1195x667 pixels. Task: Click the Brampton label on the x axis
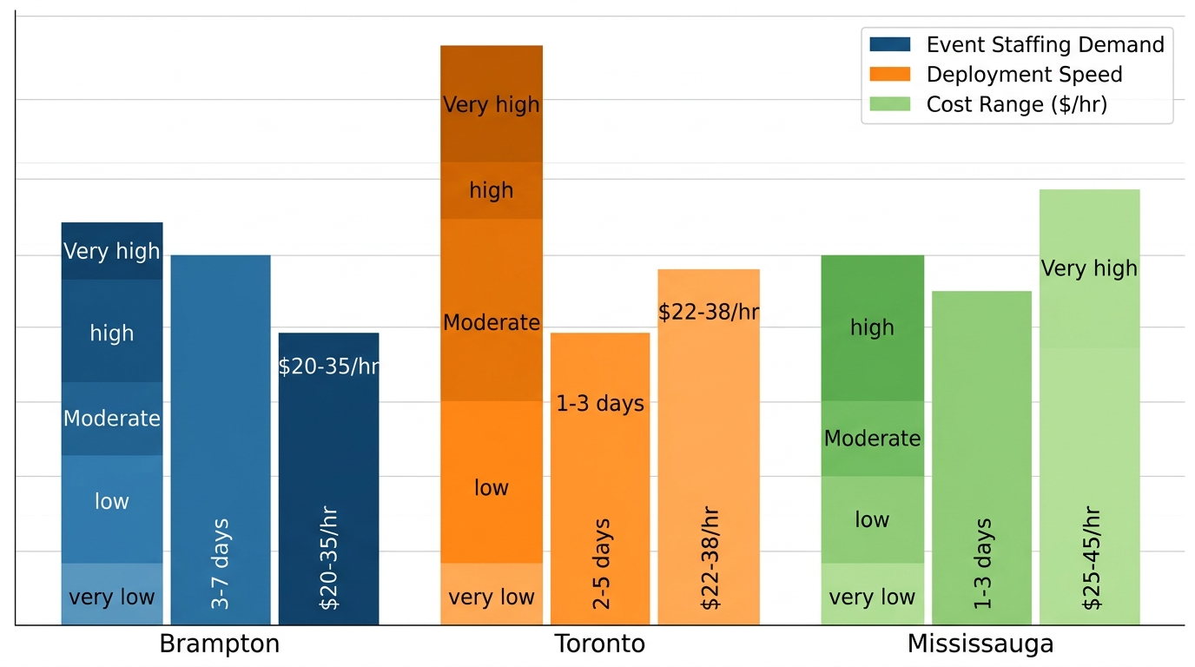click(x=220, y=644)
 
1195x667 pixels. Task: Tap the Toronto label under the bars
click(x=600, y=644)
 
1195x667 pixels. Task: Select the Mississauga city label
click(x=980, y=644)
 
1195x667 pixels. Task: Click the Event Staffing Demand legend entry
click(x=1045, y=44)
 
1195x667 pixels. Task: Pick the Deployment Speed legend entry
click(x=1024, y=75)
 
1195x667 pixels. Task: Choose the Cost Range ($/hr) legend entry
click(x=1016, y=105)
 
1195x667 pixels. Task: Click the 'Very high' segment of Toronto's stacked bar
click(x=492, y=105)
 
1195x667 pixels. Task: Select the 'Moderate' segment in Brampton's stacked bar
click(x=112, y=419)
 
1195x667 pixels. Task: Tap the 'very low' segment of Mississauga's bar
click(x=872, y=597)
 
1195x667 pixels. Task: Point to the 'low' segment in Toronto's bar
click(x=492, y=487)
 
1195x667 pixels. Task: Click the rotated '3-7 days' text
click(x=221, y=563)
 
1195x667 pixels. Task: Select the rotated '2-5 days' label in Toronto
click(x=601, y=565)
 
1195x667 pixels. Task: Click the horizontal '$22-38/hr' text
click(x=709, y=313)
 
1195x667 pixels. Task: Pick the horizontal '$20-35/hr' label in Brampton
click(x=328, y=367)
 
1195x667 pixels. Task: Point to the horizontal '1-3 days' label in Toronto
click(x=600, y=404)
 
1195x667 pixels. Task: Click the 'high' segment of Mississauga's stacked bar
click(x=872, y=327)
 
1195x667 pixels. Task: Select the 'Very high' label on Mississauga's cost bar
click(x=1089, y=268)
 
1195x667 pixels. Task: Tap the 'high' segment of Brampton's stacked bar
click(x=112, y=333)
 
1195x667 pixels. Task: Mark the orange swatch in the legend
click(x=889, y=75)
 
